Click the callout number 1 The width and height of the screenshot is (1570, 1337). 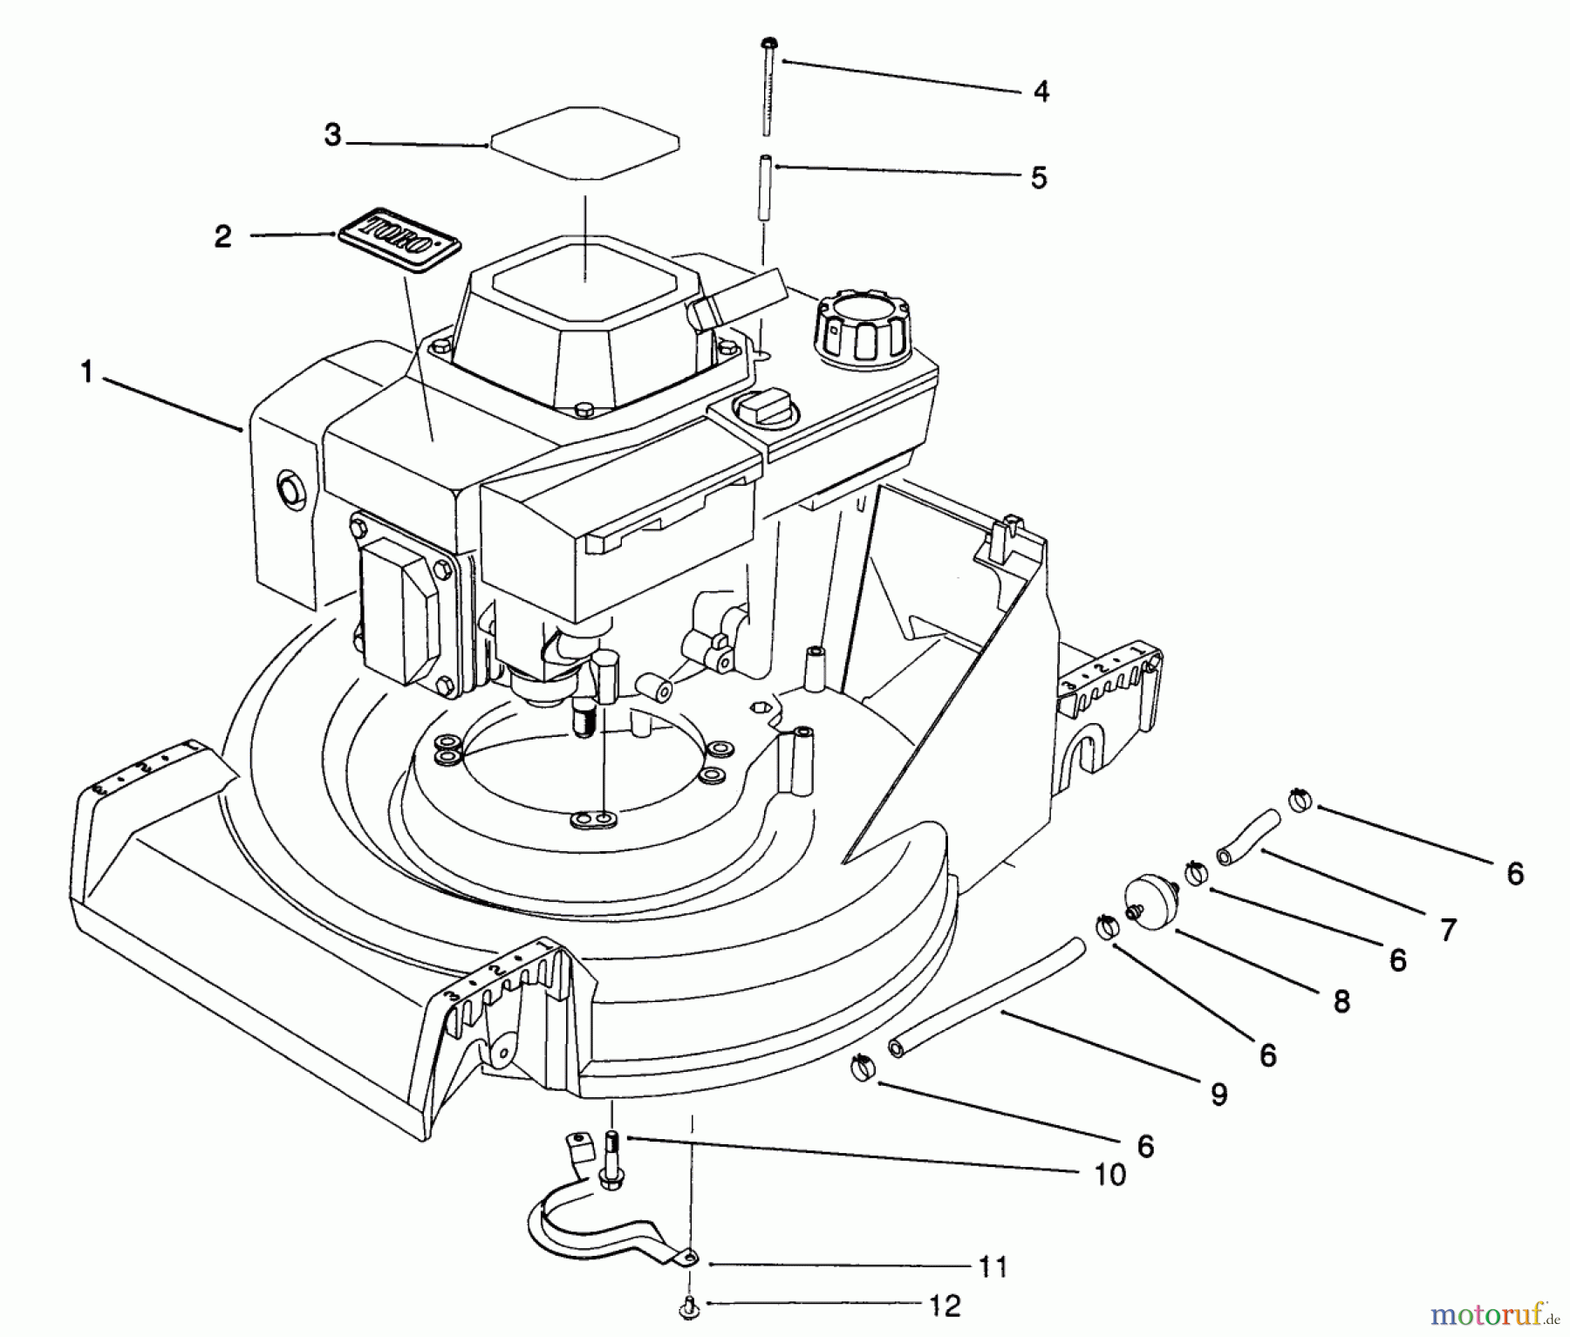click(x=85, y=372)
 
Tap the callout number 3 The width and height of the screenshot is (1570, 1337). click(x=332, y=135)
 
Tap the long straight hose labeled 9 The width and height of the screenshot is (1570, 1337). click(x=986, y=997)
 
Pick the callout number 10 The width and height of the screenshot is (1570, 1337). click(x=1109, y=1175)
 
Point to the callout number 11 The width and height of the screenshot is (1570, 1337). click(x=993, y=1266)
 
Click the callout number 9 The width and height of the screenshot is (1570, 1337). click(x=1218, y=1094)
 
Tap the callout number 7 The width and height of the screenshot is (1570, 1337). click(x=1448, y=930)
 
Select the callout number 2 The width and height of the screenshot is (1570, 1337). click(x=223, y=236)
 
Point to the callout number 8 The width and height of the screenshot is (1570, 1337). click(x=1341, y=1001)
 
